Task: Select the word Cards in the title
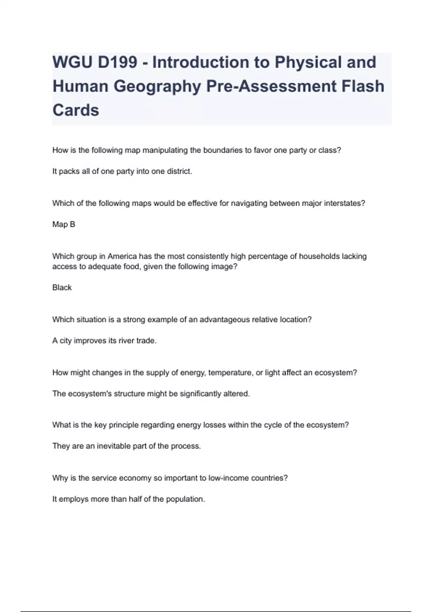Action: pos(76,110)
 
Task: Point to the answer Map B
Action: pos(64,224)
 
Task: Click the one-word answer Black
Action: pos(62,288)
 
